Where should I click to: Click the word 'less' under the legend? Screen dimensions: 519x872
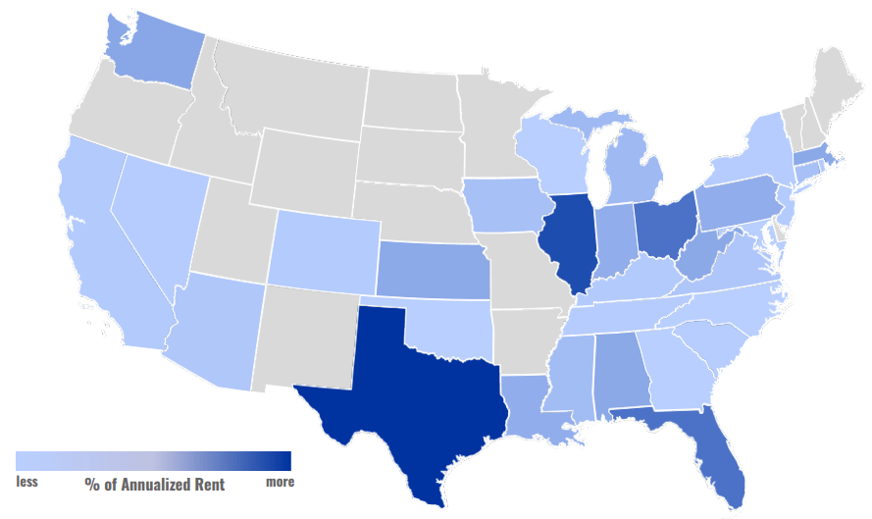click(27, 482)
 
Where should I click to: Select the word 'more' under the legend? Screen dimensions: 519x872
click(280, 482)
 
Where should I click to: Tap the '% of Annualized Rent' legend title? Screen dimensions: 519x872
click(154, 484)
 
